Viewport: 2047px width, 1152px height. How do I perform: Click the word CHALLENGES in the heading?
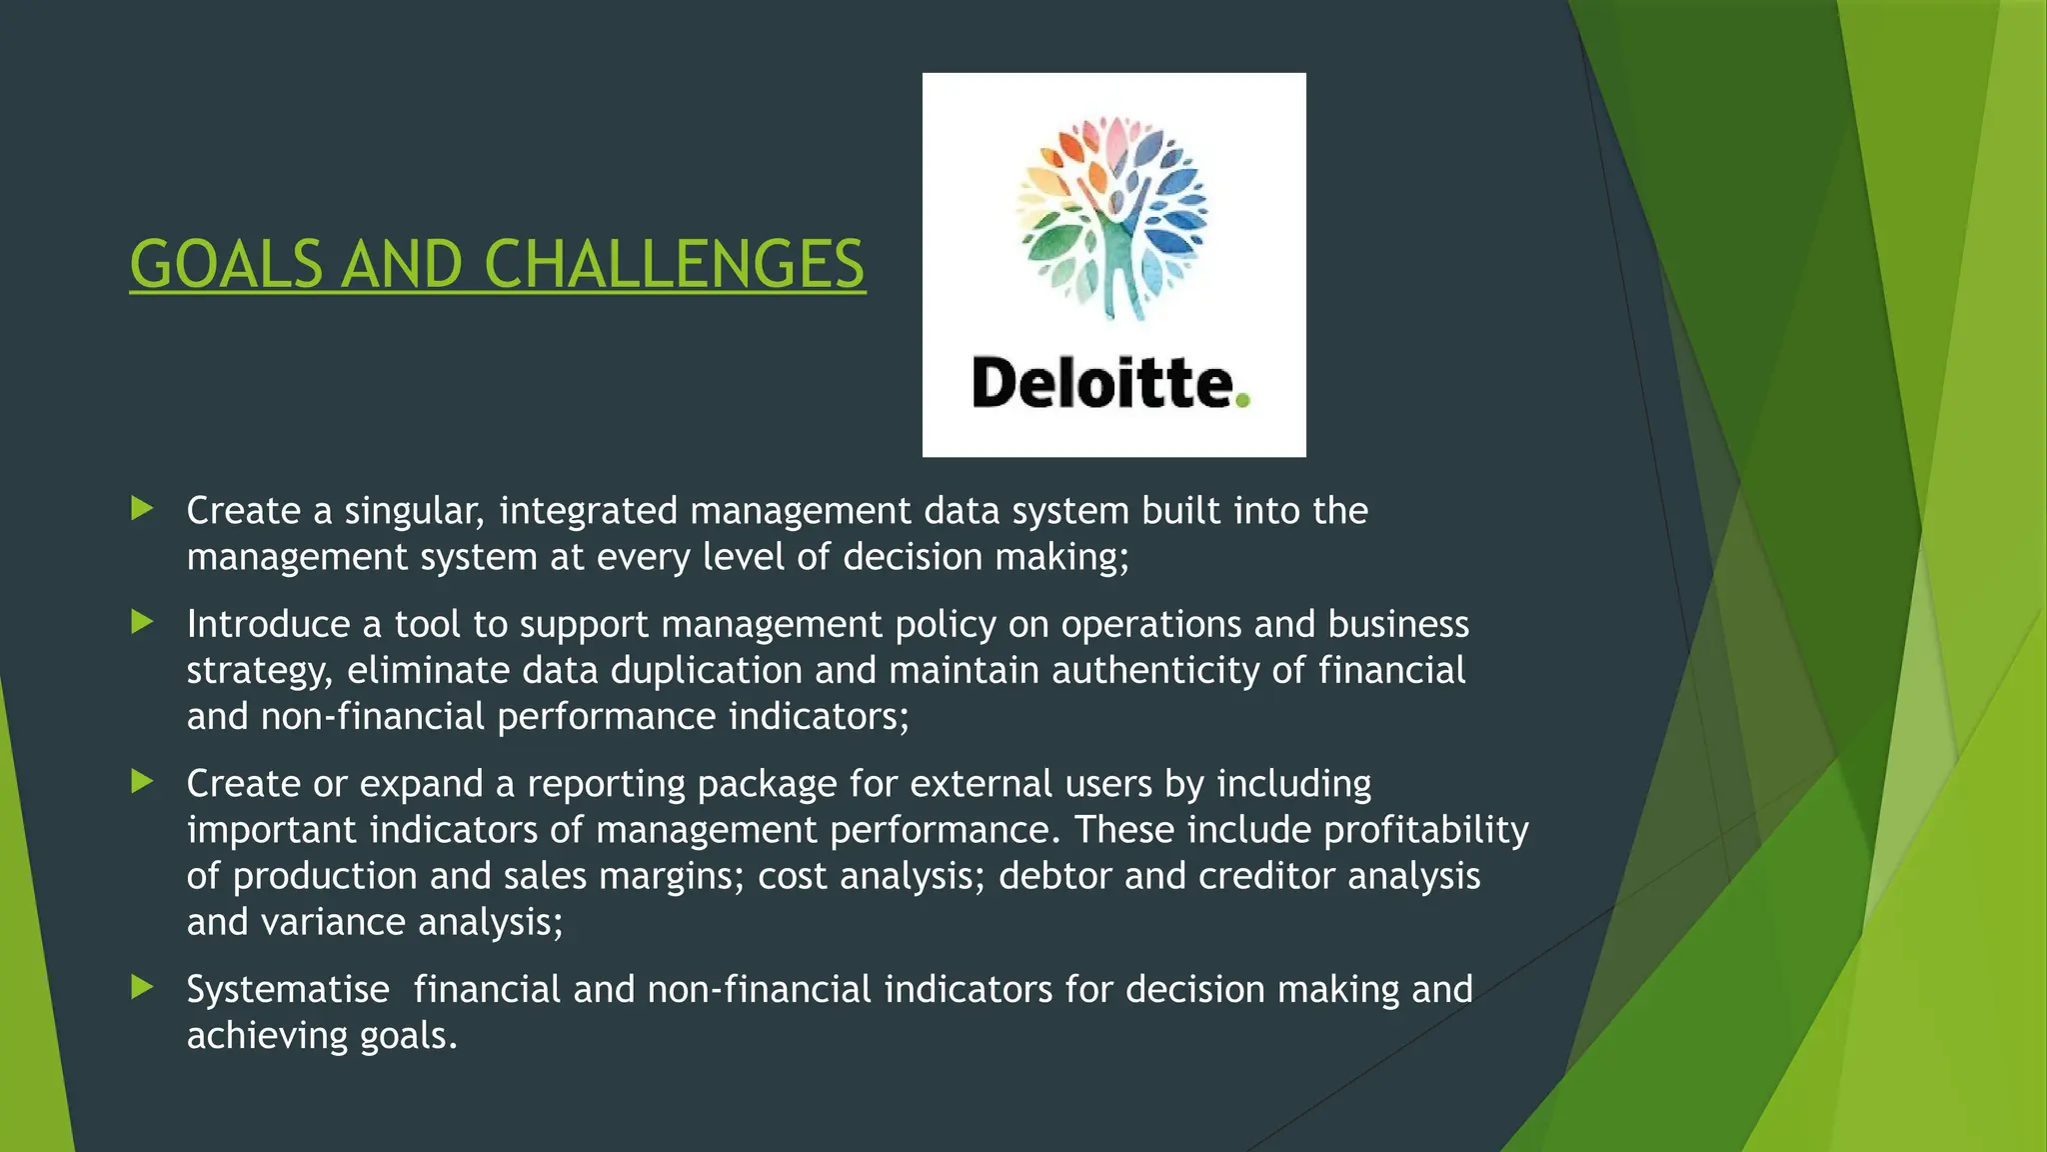674,265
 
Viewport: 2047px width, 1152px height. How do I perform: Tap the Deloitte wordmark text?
1102,384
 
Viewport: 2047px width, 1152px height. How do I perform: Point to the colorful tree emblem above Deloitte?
1112,217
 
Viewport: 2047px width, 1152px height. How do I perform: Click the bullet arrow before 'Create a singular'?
142,509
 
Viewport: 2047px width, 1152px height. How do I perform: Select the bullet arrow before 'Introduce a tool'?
142,623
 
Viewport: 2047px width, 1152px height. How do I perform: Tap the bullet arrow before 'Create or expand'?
142,782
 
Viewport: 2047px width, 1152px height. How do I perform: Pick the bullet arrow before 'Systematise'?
142,988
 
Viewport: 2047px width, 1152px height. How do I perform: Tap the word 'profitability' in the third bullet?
1426,830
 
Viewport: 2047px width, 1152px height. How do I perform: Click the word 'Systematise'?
288,990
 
